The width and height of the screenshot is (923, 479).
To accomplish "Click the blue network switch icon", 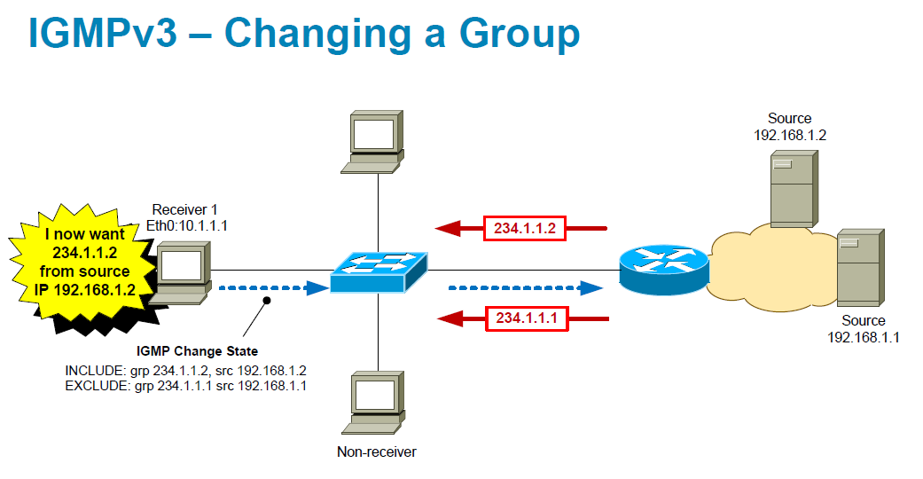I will pos(379,271).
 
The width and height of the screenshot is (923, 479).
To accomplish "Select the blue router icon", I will pos(664,270).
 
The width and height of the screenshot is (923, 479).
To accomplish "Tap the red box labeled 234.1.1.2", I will pos(525,228).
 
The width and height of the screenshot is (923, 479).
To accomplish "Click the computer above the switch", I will pos(376,140).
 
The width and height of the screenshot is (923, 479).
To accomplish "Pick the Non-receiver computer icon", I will pos(377,404).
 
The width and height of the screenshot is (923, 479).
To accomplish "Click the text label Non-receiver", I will pos(376,452).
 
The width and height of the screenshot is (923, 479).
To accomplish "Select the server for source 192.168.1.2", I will pos(791,188).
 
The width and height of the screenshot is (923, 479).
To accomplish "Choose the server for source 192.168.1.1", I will pos(858,268).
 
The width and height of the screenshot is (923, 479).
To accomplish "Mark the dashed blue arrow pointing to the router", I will pos(519,287).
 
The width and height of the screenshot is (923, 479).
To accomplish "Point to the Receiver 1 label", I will pos(184,209).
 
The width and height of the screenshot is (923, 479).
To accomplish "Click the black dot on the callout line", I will pos(266,302).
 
